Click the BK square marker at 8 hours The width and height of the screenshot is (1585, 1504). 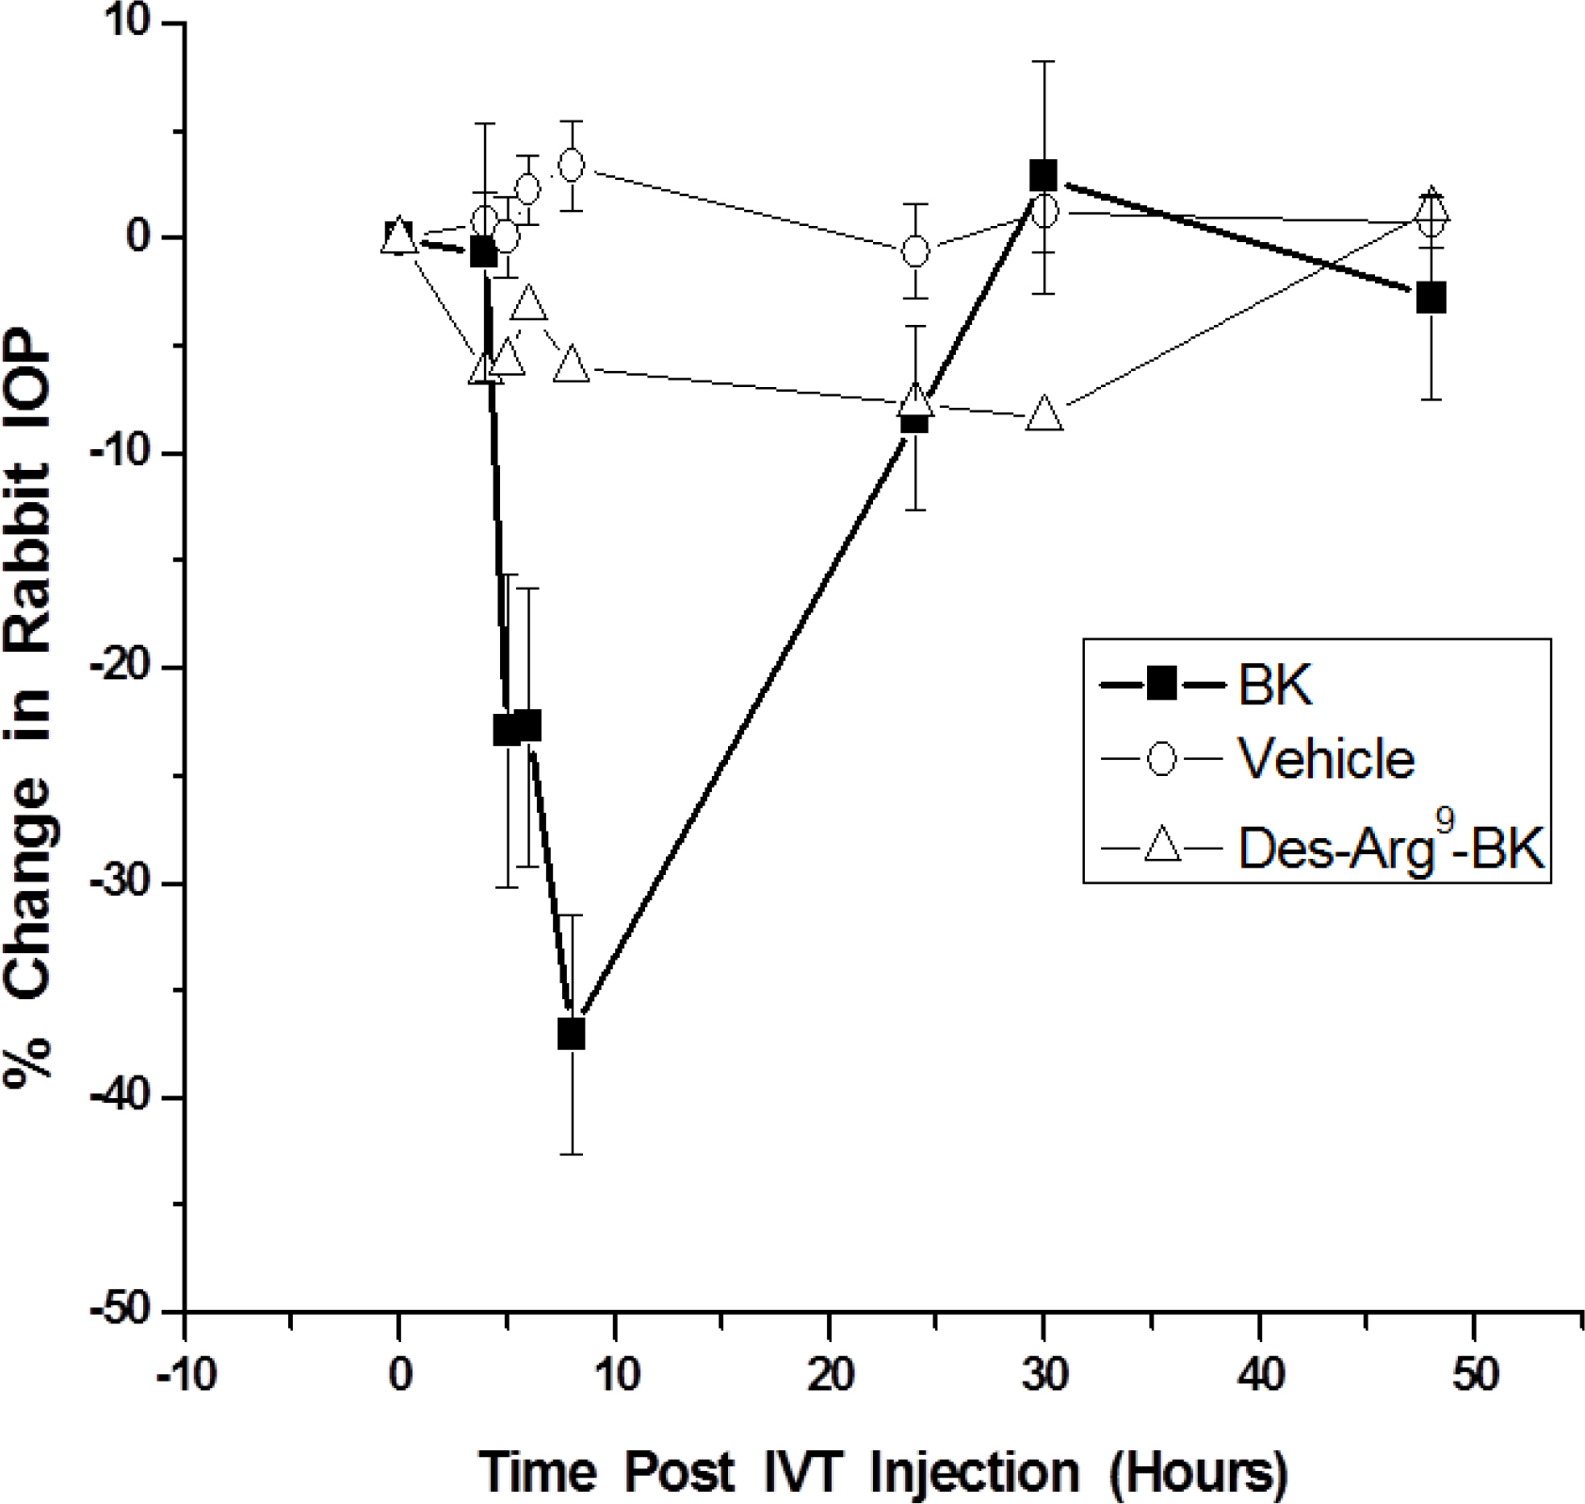(571, 1034)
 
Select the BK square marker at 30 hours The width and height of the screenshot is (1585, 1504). (1043, 175)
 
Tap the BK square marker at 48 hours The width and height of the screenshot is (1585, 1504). (1431, 299)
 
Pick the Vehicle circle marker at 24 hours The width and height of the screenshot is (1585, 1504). (914, 251)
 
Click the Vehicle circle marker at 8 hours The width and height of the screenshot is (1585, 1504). (571, 165)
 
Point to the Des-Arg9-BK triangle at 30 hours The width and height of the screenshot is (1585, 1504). (1044, 414)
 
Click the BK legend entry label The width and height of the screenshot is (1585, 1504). (1274, 686)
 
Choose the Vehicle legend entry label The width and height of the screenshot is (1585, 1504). (1325, 758)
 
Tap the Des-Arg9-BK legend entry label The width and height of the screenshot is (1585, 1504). (1390, 847)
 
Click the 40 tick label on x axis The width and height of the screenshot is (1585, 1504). (1259, 1376)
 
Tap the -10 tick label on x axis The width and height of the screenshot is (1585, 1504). (186, 1376)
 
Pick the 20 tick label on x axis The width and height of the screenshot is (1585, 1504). (829, 1376)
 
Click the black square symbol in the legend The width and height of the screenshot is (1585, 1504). (1162, 685)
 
